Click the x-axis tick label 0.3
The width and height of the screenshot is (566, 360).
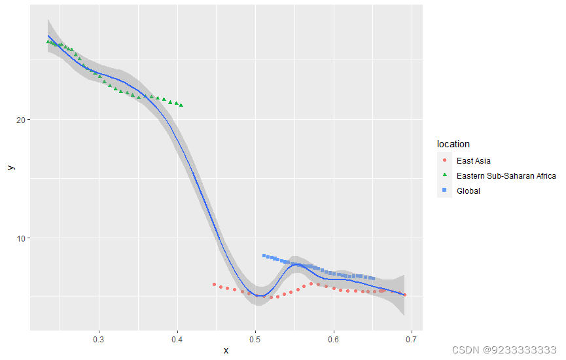pos(99,339)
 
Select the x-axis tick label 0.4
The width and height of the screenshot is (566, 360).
pos(177,339)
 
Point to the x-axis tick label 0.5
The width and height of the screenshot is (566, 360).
pos(255,339)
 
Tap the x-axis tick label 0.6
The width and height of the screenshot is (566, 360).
pos(334,339)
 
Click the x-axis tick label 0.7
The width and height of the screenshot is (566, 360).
pos(412,339)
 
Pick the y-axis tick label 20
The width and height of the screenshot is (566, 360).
pos(20,120)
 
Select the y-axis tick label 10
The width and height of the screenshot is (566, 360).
pos(20,238)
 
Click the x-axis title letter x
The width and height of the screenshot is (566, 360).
pos(226,351)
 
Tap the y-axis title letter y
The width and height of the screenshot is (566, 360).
pos(10,168)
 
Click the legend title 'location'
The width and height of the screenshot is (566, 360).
pos(453,144)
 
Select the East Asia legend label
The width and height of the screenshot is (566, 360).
pos(474,160)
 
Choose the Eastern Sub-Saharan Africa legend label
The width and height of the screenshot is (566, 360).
pos(506,175)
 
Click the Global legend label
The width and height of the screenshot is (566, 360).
pos(469,191)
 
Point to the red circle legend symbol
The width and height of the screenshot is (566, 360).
pos(445,160)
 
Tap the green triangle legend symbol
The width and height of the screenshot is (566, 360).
pos(445,175)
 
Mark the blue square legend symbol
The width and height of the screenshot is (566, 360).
pos(445,190)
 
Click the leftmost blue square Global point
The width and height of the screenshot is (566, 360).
pos(264,256)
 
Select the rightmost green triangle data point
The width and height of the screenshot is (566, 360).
pos(181,105)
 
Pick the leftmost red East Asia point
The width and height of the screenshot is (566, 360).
pos(214,285)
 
